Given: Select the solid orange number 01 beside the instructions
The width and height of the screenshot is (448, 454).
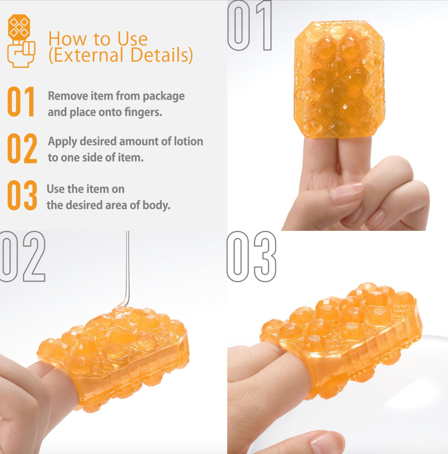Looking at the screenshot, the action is [21, 101].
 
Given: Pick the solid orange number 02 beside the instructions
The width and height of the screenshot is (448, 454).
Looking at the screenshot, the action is [22, 148].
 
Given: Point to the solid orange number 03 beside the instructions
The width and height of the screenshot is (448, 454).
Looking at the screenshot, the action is [22, 195].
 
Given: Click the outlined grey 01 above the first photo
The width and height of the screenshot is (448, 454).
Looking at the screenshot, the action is [250, 25].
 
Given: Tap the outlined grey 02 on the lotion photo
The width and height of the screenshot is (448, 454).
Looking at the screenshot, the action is [23, 256].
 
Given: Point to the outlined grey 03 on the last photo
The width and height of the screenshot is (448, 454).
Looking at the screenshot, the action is [251, 256].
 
